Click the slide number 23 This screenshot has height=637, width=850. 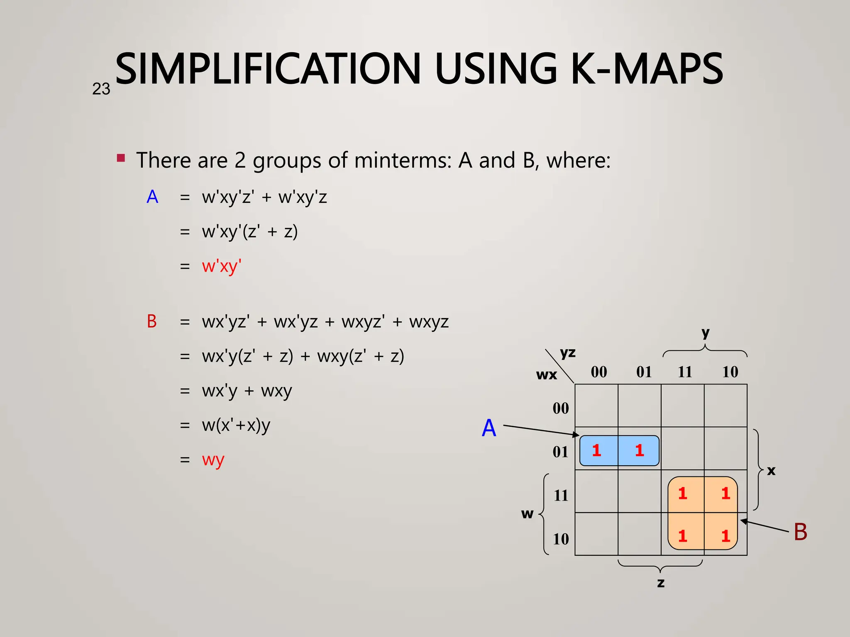point(101,89)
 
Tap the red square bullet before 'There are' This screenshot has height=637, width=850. point(121,158)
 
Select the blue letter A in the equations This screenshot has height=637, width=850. point(152,197)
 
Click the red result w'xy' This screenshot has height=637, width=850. point(222,266)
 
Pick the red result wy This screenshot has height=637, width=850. point(213,460)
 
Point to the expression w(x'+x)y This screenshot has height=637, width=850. point(236,425)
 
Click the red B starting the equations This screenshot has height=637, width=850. point(152,322)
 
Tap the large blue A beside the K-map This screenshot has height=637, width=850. point(489,428)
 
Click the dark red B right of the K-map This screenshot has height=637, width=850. point(800,532)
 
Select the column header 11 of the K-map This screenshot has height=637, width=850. point(685,372)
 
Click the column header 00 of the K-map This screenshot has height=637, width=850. point(598,372)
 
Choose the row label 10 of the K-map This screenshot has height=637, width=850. point(561,539)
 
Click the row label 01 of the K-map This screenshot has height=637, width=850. point(560,452)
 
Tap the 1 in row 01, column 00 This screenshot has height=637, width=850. point(597,450)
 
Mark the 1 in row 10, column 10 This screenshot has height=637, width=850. point(725,536)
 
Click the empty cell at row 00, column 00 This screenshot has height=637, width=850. point(596,406)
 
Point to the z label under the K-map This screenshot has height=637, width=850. point(661,583)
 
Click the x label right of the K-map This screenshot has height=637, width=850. point(771,471)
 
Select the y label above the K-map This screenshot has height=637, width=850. point(705,333)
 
